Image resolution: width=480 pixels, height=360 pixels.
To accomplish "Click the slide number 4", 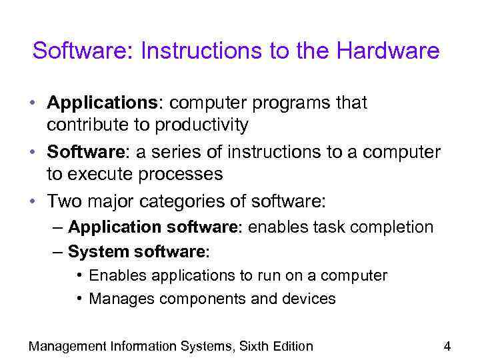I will tap(447, 346).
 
